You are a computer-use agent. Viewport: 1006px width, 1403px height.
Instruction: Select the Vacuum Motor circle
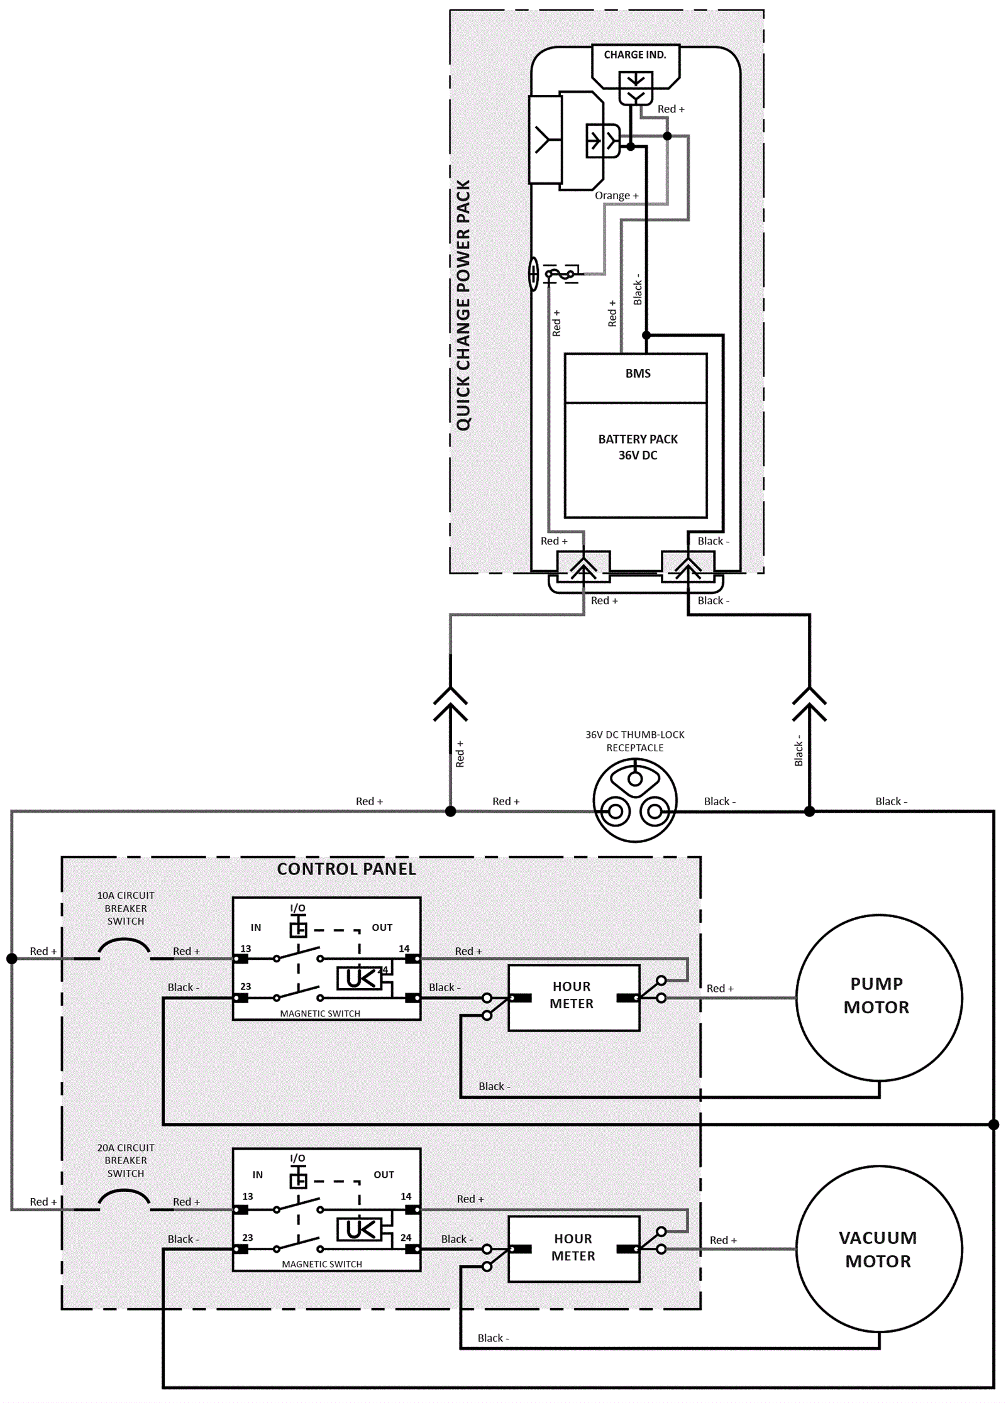tap(878, 1249)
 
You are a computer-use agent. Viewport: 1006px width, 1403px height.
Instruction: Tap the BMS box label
tap(638, 373)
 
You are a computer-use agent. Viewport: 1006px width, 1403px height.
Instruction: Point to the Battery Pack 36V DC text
tap(638, 447)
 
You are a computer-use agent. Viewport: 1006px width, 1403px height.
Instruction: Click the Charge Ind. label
tap(634, 55)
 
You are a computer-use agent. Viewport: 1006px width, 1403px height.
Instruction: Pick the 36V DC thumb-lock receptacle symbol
tap(635, 800)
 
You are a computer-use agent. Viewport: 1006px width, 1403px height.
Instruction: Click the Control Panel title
tap(346, 869)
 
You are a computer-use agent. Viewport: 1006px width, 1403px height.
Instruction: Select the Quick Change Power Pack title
tap(463, 305)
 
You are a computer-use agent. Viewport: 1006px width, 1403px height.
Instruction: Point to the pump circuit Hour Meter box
tap(573, 997)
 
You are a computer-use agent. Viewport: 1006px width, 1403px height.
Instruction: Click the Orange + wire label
tap(616, 195)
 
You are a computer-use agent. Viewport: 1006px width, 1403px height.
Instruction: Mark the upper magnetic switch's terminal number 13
tap(245, 949)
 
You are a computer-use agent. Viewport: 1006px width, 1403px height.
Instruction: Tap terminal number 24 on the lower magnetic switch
tap(406, 1237)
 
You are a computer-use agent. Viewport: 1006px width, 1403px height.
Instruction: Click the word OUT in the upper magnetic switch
tap(382, 927)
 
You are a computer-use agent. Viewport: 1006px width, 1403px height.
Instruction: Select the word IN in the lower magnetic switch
tap(257, 1174)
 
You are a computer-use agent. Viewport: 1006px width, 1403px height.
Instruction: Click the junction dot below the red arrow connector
tap(450, 811)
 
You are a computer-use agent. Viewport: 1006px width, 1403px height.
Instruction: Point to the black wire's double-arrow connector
tap(809, 704)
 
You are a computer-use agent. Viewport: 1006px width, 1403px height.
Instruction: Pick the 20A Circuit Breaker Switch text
tap(126, 1160)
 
